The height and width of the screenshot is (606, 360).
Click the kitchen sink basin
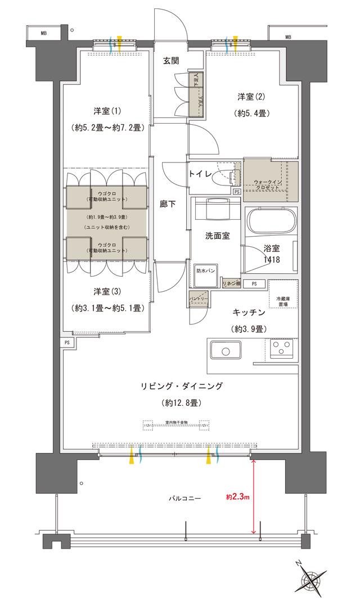pos(225,352)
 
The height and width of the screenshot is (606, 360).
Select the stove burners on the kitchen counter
pos(279,349)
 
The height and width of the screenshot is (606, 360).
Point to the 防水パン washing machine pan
pos(205,270)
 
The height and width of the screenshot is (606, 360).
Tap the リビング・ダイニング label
pos(182,386)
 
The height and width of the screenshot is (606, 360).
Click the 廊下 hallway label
pos(168,204)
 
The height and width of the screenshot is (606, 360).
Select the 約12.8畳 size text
pos(181,403)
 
